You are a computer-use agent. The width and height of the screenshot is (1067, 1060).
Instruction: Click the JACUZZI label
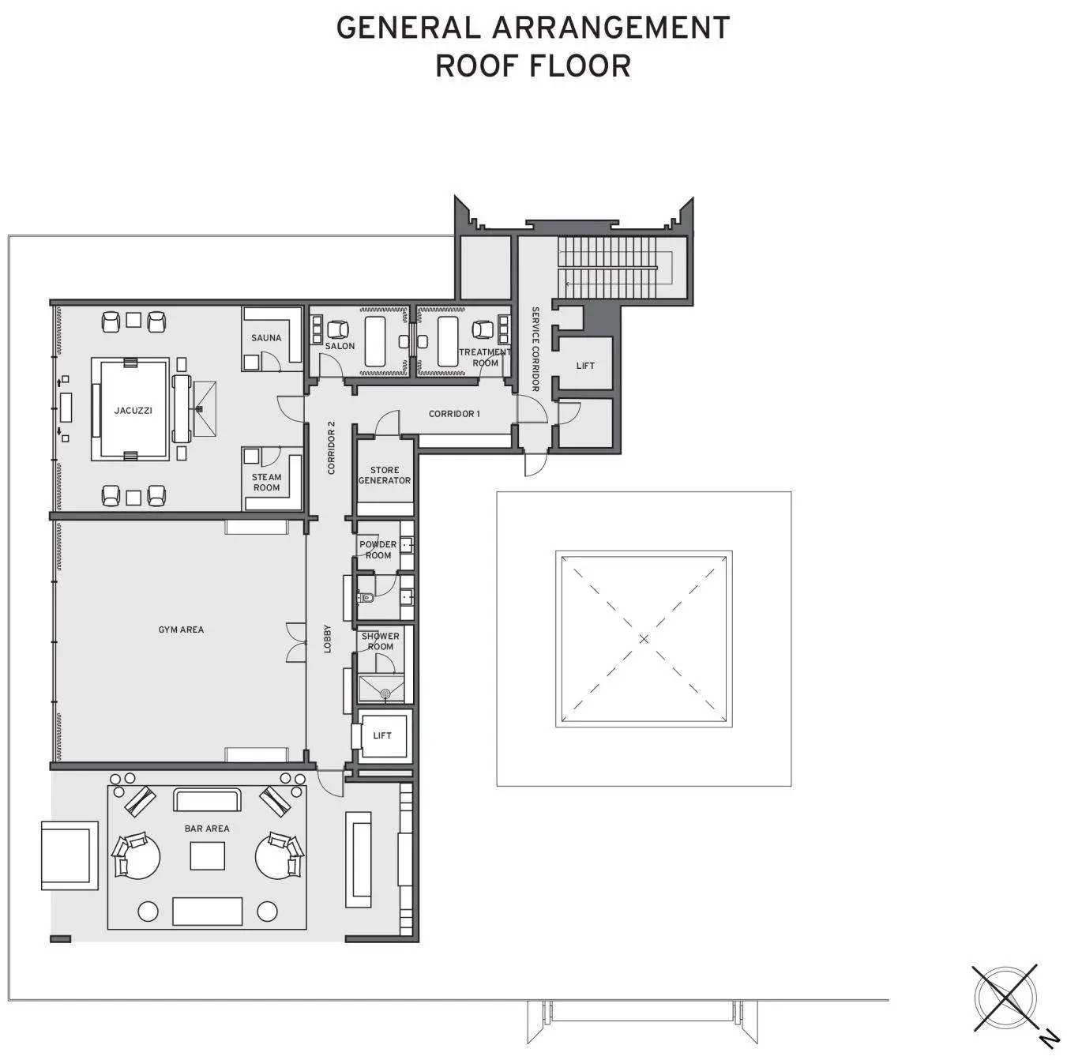(x=133, y=411)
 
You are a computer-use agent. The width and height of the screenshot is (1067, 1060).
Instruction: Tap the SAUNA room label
(x=266, y=338)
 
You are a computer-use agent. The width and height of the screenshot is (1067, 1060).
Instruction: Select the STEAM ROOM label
(x=266, y=483)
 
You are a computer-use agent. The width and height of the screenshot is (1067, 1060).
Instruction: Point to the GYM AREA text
(x=181, y=630)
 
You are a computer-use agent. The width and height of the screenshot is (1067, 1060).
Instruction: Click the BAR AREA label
(x=207, y=829)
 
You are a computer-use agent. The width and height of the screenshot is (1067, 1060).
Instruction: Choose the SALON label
(x=340, y=346)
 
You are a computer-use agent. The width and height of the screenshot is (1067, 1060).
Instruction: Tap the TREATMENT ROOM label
(x=485, y=358)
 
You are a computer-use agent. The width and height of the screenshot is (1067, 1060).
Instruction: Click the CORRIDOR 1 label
(x=455, y=414)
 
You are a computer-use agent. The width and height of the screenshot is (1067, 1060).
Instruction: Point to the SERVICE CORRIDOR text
(x=535, y=349)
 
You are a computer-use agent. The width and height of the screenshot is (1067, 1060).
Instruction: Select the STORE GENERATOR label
(x=385, y=475)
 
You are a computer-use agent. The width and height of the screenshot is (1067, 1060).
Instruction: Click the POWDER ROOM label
(x=378, y=550)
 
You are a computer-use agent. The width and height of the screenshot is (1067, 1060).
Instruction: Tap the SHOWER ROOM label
(x=381, y=641)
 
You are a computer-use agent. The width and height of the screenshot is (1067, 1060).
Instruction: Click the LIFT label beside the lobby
(x=382, y=735)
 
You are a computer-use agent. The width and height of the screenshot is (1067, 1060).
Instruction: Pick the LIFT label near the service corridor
(x=585, y=366)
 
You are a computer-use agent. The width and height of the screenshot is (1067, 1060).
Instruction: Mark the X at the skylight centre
(x=644, y=639)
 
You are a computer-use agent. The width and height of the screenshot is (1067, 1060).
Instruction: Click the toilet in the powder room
(x=367, y=598)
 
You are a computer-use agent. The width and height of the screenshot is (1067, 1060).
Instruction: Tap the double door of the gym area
(x=297, y=642)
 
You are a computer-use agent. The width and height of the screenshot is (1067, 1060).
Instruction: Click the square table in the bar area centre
(x=208, y=856)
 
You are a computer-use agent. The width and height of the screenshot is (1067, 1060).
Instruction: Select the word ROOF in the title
(x=477, y=66)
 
